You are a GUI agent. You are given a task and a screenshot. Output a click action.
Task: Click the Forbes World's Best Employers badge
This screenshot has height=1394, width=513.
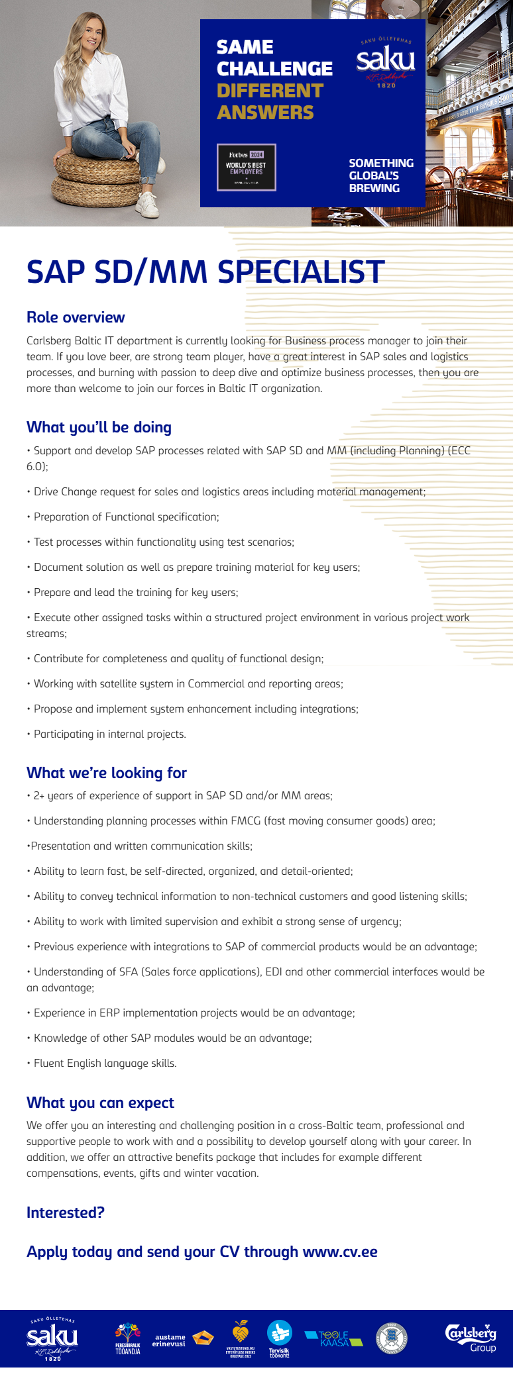pyautogui.click(x=247, y=168)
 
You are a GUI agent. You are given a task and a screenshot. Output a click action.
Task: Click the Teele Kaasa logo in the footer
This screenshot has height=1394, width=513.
pyautogui.click(x=333, y=1338)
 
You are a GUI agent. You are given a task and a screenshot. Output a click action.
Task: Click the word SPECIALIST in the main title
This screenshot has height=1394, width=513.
pyautogui.click(x=301, y=272)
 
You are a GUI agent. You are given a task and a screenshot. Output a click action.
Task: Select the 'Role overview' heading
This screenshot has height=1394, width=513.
pyautogui.click(x=76, y=317)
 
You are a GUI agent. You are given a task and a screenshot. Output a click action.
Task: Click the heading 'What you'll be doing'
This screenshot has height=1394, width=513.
pyautogui.click(x=99, y=427)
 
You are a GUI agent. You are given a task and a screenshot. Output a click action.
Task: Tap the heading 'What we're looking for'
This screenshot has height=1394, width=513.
pyautogui.click(x=107, y=773)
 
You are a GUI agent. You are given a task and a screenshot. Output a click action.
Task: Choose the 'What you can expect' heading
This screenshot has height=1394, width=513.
pyautogui.click(x=100, y=1103)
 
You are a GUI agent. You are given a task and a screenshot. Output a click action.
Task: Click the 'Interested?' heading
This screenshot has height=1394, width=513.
pyautogui.click(x=66, y=1213)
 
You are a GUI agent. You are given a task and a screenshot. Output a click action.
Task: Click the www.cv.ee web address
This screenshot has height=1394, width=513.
pyautogui.click(x=340, y=1252)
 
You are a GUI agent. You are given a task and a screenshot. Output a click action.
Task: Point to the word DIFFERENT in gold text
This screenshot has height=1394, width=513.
pyautogui.click(x=270, y=91)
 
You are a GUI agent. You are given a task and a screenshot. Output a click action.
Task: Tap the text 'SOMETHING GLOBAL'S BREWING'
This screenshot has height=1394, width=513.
pyautogui.click(x=381, y=175)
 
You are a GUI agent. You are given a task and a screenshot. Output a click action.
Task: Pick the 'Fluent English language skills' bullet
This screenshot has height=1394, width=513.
pyautogui.click(x=105, y=1063)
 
